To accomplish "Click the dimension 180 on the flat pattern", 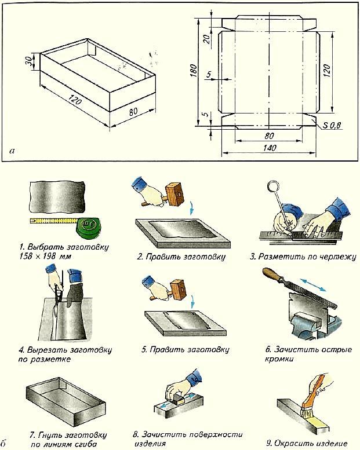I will (194, 70).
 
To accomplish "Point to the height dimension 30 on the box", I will (28, 62).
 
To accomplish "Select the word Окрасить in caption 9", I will (293, 443).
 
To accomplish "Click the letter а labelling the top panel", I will (13, 151).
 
